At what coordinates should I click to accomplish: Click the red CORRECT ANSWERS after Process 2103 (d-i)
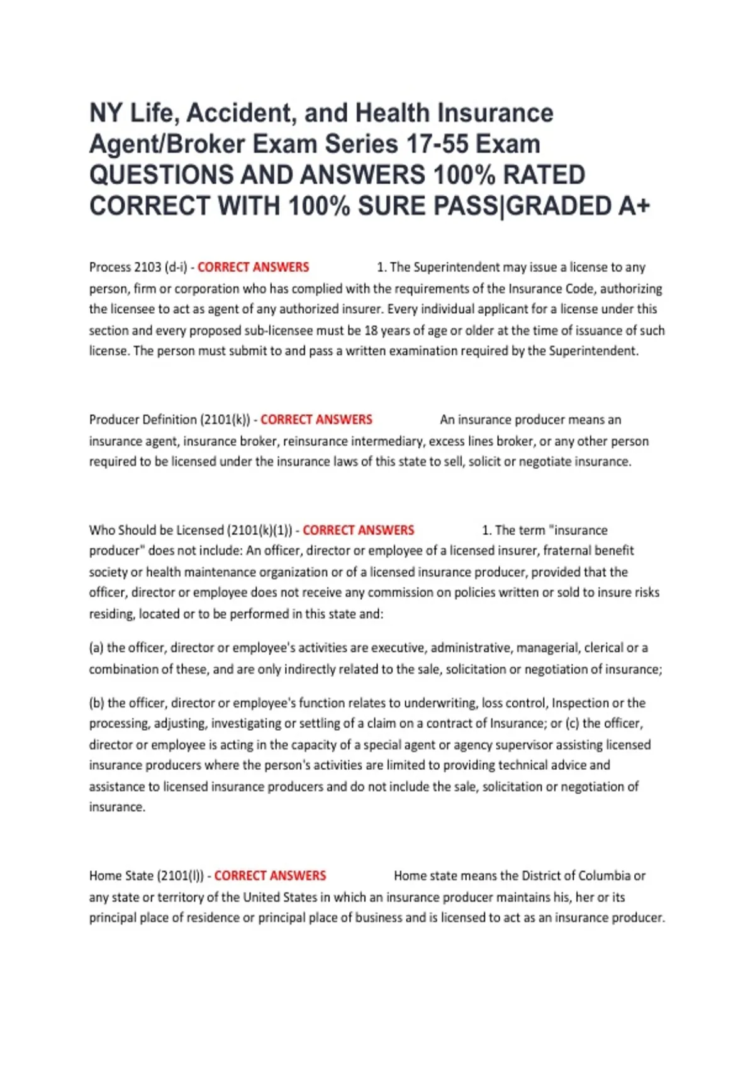(253, 267)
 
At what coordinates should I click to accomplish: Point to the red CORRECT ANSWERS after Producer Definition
(316, 419)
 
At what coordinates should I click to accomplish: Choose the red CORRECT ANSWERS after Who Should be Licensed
(358, 530)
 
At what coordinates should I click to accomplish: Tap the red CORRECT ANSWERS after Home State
(270, 875)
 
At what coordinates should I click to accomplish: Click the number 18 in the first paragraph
(371, 330)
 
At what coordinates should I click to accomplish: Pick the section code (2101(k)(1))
(259, 530)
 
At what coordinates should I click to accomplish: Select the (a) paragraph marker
(96, 648)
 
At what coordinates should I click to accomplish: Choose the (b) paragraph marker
(96, 703)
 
